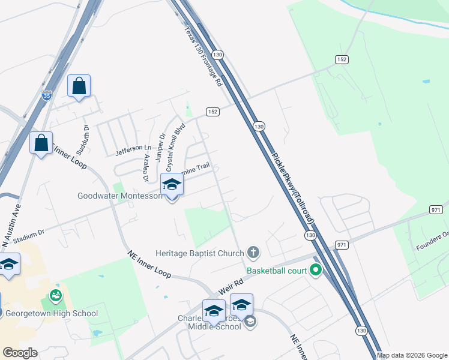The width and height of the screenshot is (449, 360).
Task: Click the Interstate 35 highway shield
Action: pyautogui.click(x=47, y=95)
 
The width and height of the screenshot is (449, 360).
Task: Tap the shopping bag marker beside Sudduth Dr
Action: pyautogui.click(x=79, y=86)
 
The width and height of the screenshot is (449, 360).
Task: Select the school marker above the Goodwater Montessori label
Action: pyautogui.click(x=172, y=187)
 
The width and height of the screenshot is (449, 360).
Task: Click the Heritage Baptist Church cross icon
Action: pyautogui.click(x=253, y=253)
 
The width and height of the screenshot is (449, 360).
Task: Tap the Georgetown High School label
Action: pyautogui.click(x=50, y=313)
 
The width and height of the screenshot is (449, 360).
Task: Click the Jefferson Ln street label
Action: pyautogui.click(x=133, y=148)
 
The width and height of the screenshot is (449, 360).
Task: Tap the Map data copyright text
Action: pyautogui.click(x=411, y=355)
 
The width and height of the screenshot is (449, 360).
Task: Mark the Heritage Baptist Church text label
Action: pyautogui.click(x=200, y=253)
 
